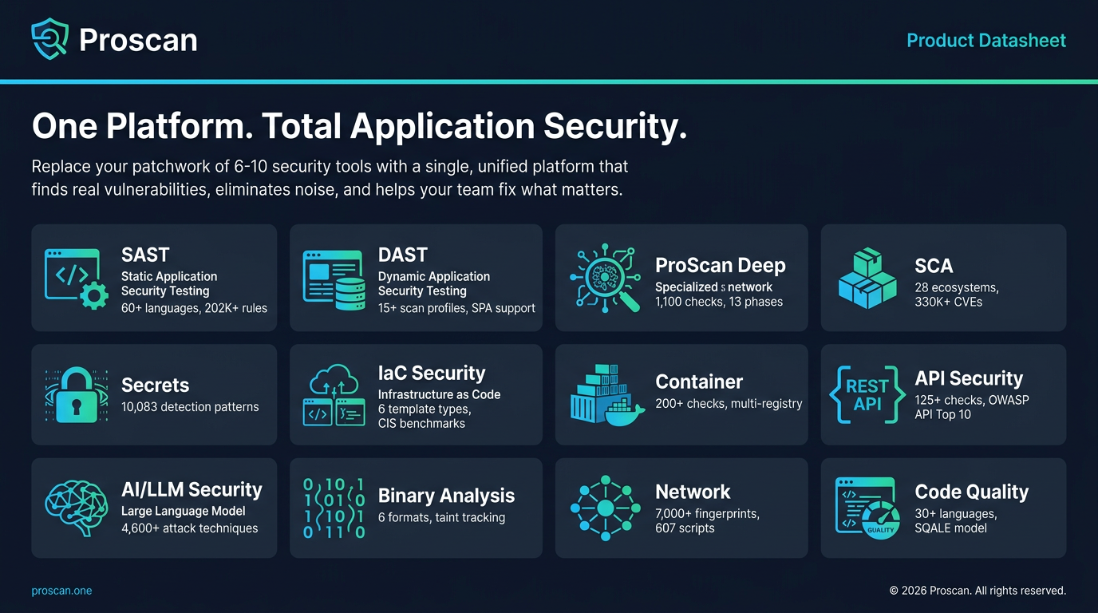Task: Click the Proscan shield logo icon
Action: coord(49,39)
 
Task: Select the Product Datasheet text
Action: coord(986,41)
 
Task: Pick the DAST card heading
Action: coord(403,255)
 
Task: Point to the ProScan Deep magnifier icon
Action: coord(606,278)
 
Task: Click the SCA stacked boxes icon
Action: coord(867,278)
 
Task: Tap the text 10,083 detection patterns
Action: coord(190,407)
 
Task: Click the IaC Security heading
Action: coord(432,374)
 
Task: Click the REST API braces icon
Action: coord(867,394)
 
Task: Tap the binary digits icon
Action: coord(334,508)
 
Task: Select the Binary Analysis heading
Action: coord(446,496)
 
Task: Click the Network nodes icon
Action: coord(606,508)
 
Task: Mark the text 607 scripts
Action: coord(685,528)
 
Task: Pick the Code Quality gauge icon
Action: coord(867,508)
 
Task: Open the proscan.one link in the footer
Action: coord(61,591)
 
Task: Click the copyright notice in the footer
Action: coord(978,591)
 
